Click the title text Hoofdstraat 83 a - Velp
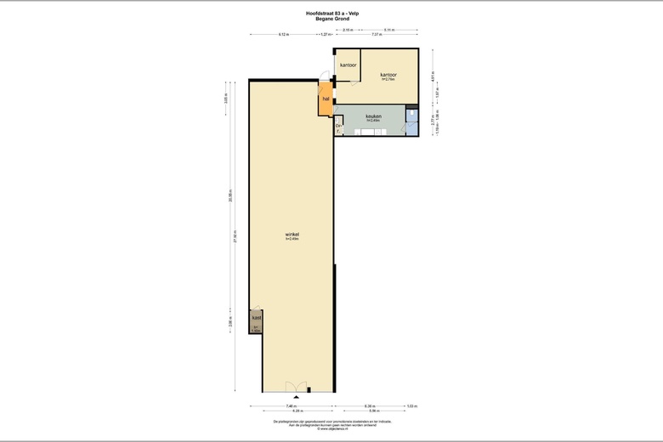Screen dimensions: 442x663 coord(331,14)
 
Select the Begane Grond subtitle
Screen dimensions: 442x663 coord(331,19)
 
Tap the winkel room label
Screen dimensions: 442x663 coord(292,234)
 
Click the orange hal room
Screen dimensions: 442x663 coord(325,100)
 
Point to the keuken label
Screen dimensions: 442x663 coord(373,116)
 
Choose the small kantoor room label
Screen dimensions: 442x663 coord(348,65)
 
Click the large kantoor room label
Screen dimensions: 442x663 coord(389,74)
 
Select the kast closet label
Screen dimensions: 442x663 coord(256,318)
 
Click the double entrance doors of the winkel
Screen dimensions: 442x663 coord(296,387)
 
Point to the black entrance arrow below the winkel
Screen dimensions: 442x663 coord(296,397)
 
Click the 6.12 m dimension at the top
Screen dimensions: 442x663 coord(283,35)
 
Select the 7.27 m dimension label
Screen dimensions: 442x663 coord(376,35)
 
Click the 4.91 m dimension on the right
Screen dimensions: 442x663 coord(434,75)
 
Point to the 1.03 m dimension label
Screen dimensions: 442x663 coord(411,406)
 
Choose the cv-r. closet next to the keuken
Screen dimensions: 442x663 coord(338,128)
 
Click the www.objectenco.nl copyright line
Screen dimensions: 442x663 coord(331,429)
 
